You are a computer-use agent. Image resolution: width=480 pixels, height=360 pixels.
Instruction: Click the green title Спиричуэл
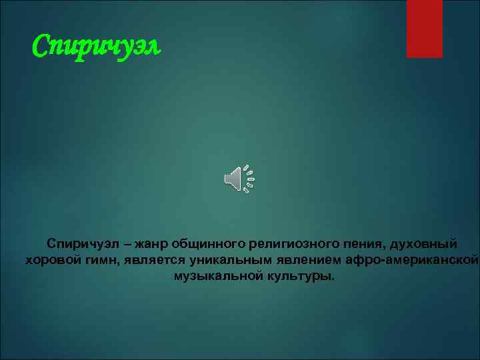tap(97, 47)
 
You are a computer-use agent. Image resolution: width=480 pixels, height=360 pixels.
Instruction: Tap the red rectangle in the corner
tap(425, 28)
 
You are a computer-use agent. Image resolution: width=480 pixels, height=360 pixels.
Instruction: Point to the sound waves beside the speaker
tap(249, 178)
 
